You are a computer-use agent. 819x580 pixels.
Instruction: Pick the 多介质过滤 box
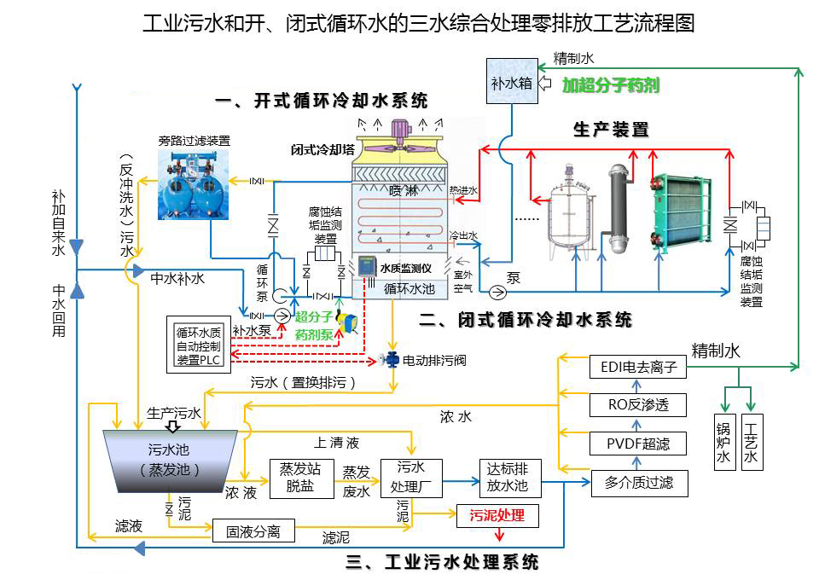[640, 483]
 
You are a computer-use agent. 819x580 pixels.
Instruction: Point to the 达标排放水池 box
[508, 478]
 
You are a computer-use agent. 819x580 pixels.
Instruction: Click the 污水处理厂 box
[412, 478]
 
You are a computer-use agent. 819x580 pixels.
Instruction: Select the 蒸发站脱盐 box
[299, 478]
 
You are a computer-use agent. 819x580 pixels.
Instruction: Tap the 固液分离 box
[253, 531]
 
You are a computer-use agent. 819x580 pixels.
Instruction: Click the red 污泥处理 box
[497, 515]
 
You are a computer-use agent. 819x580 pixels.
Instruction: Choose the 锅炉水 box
[723, 442]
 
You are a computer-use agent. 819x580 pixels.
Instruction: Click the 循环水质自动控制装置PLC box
[198, 346]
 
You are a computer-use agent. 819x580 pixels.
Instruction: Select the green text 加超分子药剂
[611, 85]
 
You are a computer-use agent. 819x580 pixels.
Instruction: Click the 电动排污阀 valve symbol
[392, 361]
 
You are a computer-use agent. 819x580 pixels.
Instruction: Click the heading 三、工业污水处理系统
[442, 562]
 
